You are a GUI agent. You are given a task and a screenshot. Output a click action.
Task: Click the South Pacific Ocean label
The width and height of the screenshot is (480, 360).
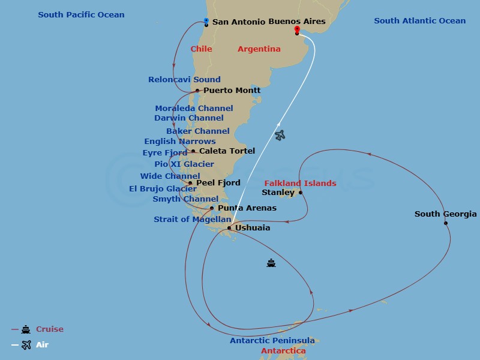point(81,14)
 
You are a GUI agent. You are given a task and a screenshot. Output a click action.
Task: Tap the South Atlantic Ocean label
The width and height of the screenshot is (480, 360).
point(419,20)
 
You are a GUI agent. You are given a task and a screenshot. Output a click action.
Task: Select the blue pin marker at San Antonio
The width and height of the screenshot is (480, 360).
point(206,21)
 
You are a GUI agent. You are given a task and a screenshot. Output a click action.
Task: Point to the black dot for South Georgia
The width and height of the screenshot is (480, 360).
point(446,223)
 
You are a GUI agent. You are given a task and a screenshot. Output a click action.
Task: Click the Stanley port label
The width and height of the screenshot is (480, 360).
point(278,193)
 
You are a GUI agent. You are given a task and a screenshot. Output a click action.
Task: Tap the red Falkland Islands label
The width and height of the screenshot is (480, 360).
point(301,183)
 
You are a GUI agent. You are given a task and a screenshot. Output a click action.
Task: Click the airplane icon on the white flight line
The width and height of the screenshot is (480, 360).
point(280,136)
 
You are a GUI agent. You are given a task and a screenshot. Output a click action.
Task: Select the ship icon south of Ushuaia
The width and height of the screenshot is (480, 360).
point(271,263)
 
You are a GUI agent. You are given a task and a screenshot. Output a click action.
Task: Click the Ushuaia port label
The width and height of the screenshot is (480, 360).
point(252,227)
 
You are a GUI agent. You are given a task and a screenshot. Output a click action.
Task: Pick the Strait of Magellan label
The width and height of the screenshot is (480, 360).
point(192,219)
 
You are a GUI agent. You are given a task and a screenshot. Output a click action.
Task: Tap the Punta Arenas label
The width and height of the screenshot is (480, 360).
point(247,208)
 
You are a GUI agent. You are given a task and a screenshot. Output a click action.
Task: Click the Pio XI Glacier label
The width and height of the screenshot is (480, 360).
point(184,164)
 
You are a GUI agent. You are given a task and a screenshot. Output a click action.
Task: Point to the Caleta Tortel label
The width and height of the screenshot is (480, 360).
point(227,151)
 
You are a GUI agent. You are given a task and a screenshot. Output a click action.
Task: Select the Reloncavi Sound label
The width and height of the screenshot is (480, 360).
point(184,79)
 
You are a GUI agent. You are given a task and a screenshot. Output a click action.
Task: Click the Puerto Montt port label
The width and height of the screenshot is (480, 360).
point(232,90)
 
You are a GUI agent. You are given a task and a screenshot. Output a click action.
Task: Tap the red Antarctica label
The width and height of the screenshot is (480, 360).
point(283,350)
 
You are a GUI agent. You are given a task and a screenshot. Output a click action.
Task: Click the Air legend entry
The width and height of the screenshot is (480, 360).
point(42,344)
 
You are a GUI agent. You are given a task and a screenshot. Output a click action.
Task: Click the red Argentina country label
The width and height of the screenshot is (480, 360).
point(259,49)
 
